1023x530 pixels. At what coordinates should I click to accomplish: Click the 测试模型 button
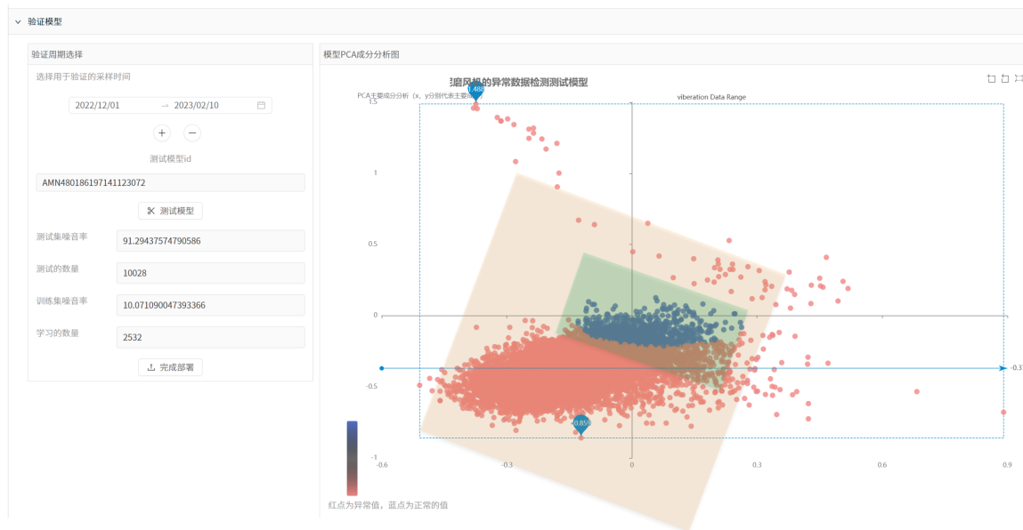[170, 211]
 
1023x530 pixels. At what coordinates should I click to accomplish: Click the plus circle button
[162, 133]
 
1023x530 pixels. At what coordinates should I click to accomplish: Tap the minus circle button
[192, 133]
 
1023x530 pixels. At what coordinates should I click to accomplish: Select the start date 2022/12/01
[98, 105]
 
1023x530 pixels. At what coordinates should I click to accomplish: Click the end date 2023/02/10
[197, 105]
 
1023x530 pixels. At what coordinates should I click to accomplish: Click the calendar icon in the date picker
[261, 105]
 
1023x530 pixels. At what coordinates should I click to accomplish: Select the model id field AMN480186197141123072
[170, 182]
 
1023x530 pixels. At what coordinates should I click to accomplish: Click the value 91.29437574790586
[210, 241]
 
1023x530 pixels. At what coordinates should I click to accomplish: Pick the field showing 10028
[210, 273]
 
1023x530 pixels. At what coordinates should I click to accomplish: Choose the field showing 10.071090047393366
[210, 305]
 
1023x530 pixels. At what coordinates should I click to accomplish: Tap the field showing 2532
[210, 337]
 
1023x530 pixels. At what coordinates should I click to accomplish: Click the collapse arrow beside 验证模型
[18, 21]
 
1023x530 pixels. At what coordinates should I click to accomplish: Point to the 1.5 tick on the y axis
[372, 102]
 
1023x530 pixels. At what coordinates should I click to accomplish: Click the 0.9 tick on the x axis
[1007, 464]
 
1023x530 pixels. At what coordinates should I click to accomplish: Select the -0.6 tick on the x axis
[382, 464]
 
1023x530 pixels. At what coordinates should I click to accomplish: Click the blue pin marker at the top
[475, 91]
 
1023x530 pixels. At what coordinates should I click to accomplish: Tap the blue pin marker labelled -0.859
[581, 423]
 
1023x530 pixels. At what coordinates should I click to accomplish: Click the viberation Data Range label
[711, 97]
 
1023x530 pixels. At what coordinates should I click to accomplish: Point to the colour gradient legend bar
[353, 458]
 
